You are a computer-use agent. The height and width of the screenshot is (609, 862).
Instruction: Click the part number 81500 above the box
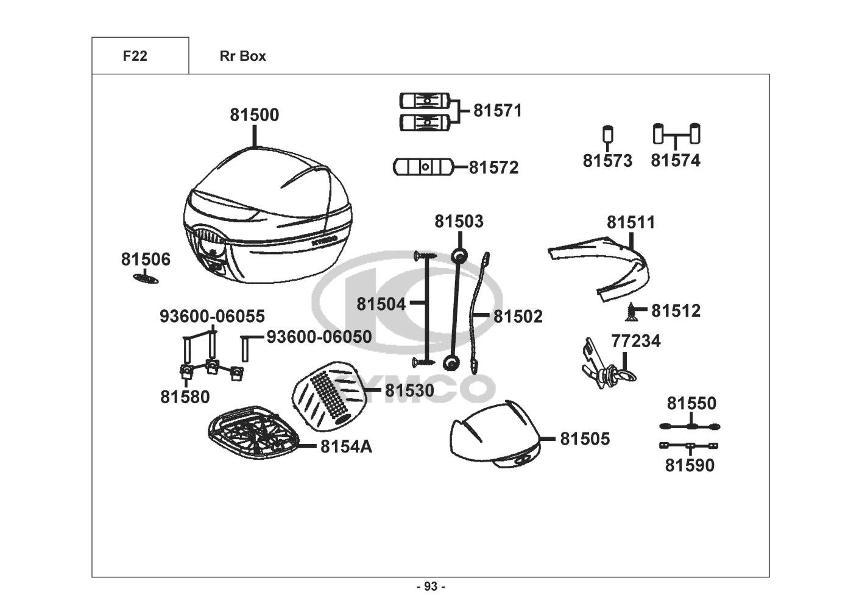tap(255, 114)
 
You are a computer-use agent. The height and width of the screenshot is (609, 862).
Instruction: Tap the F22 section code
tap(135, 56)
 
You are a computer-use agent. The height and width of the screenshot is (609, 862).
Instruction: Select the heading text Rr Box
tap(243, 56)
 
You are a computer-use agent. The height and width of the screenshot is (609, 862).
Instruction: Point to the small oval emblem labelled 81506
tap(146, 278)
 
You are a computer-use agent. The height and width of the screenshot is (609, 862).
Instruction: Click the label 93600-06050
tap(319, 337)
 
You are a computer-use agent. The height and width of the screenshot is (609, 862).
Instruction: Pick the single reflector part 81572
tap(423, 167)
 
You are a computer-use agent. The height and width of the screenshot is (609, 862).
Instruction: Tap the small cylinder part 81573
tap(607, 135)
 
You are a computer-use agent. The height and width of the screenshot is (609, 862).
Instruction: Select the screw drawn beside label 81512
tap(631, 312)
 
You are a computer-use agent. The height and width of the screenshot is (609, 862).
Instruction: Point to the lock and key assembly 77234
tap(608, 365)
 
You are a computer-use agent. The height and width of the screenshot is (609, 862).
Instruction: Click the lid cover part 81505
tap(495, 434)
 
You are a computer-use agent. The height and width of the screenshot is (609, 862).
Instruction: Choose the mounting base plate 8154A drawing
tap(253, 432)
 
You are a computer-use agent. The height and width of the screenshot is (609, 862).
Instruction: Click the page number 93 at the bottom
tap(431, 586)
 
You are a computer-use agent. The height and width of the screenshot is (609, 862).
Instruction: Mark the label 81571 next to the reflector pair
tap(498, 110)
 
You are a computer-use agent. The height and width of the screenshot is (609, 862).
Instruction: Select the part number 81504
tap(381, 304)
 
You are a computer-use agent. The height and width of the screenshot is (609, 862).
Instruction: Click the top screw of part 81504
tap(425, 255)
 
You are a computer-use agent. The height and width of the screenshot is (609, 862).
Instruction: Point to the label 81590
tap(690, 465)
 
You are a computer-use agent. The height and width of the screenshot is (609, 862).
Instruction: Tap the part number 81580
tap(185, 396)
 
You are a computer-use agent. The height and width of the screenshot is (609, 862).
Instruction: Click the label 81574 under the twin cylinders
tap(676, 160)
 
